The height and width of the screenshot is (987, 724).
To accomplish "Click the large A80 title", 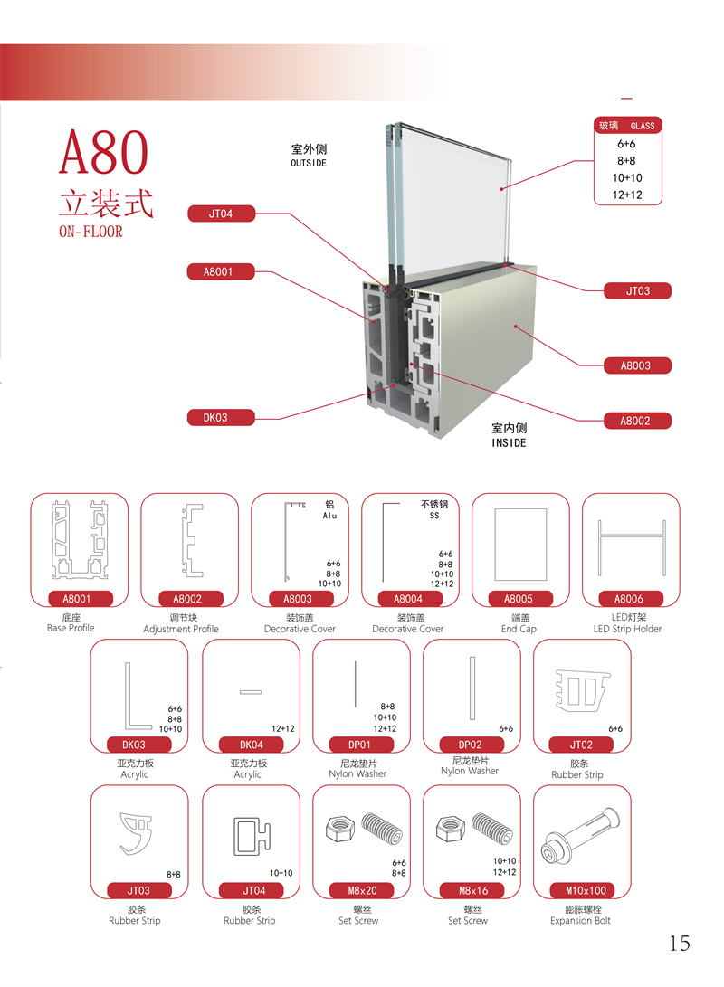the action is [x=103, y=153].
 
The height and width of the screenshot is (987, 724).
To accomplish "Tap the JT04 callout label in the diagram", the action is [x=221, y=214].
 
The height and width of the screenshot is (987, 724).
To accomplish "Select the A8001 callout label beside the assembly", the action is [x=220, y=272].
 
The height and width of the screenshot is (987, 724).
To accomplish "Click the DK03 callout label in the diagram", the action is [x=220, y=417].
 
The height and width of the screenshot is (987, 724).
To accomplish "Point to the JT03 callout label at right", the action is [x=637, y=290].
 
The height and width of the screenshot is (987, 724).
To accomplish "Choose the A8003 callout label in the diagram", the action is [x=637, y=365].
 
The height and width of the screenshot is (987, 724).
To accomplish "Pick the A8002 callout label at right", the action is [x=637, y=421].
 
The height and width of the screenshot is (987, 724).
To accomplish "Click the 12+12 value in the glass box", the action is [x=627, y=195].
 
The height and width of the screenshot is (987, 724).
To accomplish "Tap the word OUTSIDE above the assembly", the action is [x=309, y=163].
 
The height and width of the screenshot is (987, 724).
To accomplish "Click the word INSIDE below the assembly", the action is [x=509, y=443].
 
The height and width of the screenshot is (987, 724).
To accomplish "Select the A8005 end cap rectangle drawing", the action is [x=520, y=545].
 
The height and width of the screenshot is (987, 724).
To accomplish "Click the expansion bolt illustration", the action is [x=580, y=835].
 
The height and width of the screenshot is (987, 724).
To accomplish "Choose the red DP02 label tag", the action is [x=471, y=745].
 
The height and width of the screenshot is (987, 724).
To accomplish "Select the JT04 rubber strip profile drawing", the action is [x=252, y=836].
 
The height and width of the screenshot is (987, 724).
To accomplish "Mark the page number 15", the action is [x=680, y=943].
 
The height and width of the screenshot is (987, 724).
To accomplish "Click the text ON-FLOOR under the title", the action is [x=90, y=232].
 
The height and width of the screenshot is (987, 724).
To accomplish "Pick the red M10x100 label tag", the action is [x=586, y=891].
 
